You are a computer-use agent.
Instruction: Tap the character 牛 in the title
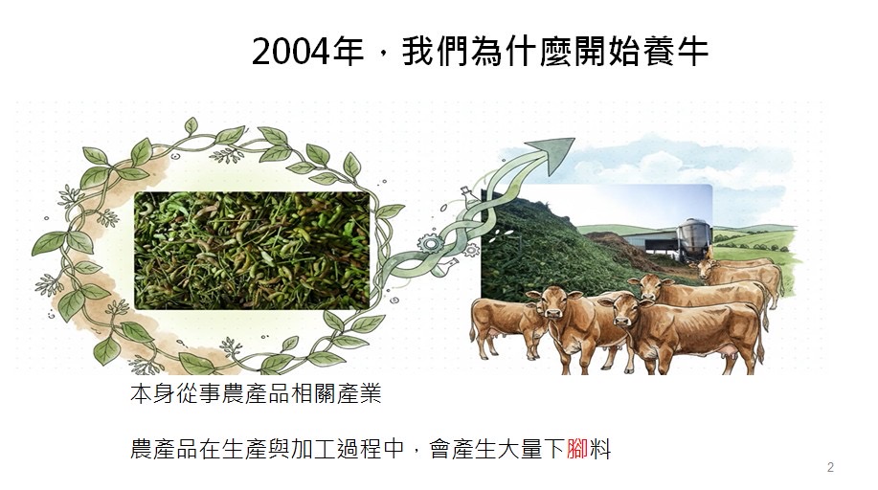[x=692, y=52]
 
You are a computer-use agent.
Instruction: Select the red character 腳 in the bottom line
[x=576, y=449]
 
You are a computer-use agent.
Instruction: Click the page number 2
[x=830, y=467]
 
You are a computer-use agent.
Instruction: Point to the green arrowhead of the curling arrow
[x=555, y=153]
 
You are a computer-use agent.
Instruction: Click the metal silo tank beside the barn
[x=694, y=238]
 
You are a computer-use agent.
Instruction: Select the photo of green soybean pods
[x=252, y=251]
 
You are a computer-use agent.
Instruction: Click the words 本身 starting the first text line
[x=152, y=393]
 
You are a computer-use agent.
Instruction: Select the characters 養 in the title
[x=658, y=52]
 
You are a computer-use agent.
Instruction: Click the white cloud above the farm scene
[x=661, y=161]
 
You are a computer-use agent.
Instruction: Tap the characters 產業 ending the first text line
[x=358, y=393]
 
